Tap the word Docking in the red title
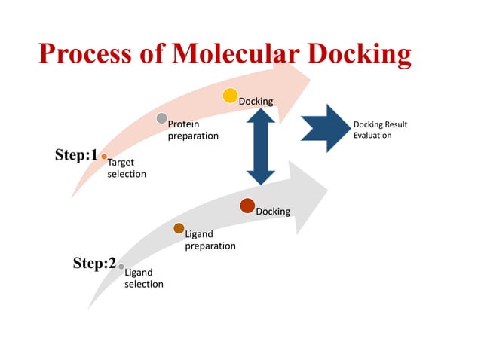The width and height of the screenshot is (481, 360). click(x=354, y=54)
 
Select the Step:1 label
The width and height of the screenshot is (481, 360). click(x=76, y=155)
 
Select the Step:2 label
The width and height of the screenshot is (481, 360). click(x=93, y=264)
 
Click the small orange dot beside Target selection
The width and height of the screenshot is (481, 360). click(x=104, y=157)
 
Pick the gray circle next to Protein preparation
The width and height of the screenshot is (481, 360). click(x=161, y=118)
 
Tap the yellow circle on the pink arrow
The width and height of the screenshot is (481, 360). click(x=230, y=96)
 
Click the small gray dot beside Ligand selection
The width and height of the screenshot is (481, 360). click(x=121, y=266)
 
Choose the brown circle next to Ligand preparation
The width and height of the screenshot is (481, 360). click(x=179, y=228)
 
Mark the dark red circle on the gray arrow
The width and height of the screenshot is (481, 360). click(x=247, y=205)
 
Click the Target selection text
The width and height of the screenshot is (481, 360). click(x=127, y=168)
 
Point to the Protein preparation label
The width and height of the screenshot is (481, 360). click(x=193, y=130)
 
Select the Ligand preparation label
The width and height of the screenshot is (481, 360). click(x=210, y=240)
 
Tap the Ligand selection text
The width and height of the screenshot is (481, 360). click(x=143, y=278)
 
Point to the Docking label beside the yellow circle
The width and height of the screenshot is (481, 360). click(x=256, y=101)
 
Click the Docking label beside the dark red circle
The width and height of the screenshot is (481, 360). click(x=273, y=212)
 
